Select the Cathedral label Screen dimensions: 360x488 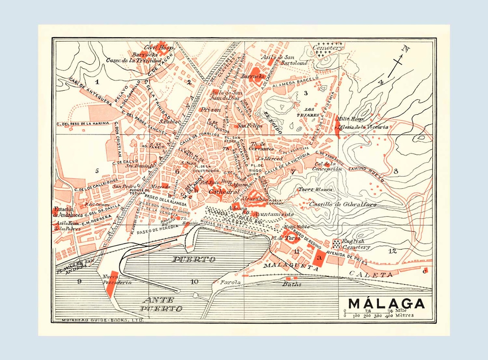223,192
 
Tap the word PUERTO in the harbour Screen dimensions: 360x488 193,259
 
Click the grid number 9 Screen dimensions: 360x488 79,281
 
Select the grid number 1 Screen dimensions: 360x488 97,81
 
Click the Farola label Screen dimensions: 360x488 228,282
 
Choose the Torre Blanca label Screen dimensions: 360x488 315,189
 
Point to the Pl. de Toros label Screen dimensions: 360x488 286,238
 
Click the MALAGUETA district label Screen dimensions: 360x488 291,267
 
